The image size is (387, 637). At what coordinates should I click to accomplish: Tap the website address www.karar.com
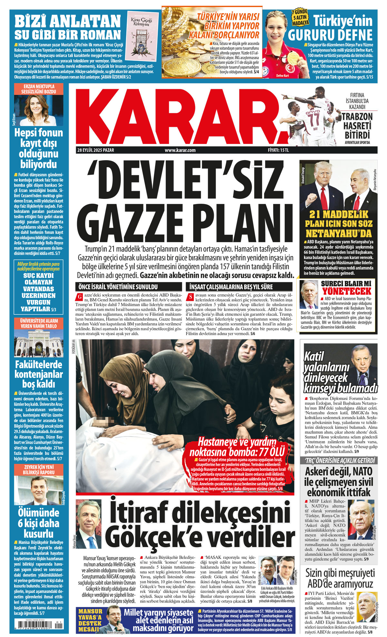180,150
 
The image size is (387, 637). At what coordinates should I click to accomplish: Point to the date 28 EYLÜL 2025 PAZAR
95,150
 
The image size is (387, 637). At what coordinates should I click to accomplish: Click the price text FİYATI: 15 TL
278,150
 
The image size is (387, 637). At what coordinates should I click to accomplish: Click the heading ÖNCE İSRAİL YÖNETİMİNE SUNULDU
118,287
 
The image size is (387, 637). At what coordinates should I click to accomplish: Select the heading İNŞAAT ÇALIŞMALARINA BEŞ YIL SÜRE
231,287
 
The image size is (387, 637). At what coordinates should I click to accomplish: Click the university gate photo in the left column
39,344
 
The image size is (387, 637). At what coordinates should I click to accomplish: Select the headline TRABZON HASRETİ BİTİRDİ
357,126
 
